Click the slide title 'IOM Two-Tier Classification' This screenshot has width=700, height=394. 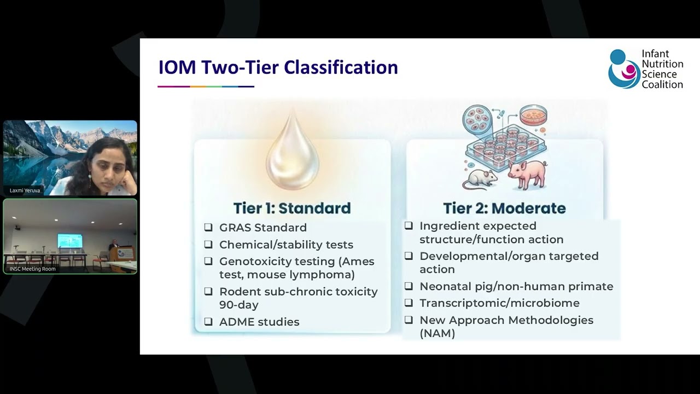coord(278,67)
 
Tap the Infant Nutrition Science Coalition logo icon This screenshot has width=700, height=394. coord(623,69)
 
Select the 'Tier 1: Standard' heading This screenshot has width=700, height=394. coord(292,208)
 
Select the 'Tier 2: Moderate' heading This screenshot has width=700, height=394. coord(504,208)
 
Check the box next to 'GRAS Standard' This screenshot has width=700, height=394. coord(208,228)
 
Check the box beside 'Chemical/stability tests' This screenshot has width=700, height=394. coord(208,245)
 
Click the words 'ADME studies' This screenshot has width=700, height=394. coord(259,322)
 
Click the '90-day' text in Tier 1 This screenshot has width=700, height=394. coord(239,305)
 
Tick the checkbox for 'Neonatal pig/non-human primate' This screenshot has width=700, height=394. coord(409,286)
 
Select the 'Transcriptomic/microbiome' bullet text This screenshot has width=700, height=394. coord(499,303)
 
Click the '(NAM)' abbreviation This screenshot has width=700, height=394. coord(437,333)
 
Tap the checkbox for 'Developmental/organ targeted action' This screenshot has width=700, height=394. coord(409,256)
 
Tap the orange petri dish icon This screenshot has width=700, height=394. coord(533,115)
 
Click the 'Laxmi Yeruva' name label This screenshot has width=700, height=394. coord(25,190)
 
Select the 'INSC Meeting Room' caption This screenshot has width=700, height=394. coord(33,269)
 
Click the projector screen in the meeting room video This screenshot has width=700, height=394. coord(69,241)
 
